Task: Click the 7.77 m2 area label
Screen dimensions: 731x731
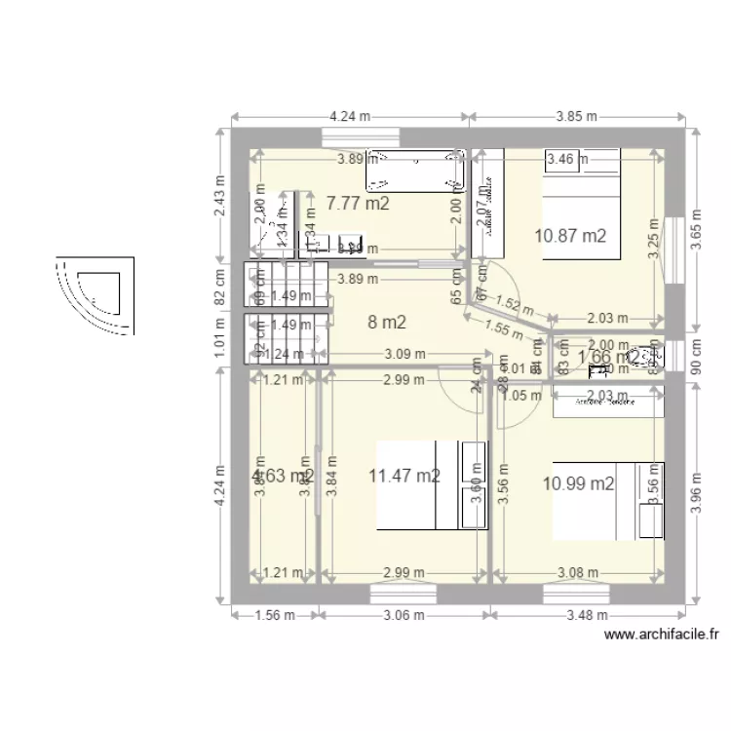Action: click(x=358, y=204)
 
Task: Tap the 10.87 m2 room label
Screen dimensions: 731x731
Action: click(x=571, y=235)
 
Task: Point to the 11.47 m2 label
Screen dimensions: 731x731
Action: click(x=404, y=476)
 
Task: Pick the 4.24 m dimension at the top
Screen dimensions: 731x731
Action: click(x=350, y=115)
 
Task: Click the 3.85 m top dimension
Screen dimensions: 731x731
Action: click(x=575, y=115)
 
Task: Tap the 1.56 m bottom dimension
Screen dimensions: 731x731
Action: click(x=274, y=615)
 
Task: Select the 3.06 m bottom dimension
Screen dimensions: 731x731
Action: click(x=402, y=615)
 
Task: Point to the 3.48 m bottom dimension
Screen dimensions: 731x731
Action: click(x=589, y=615)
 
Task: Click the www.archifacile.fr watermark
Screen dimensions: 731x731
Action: click(x=662, y=635)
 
